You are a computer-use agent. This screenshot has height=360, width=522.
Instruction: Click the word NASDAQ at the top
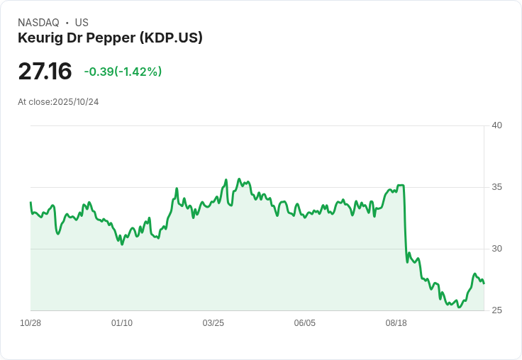point(38,23)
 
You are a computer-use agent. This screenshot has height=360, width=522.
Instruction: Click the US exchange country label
point(82,23)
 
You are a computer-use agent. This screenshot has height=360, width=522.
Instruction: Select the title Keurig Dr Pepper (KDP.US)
point(110,38)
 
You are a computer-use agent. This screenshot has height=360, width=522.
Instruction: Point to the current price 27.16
point(45,72)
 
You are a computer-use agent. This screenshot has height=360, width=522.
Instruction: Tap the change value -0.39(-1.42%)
point(123,72)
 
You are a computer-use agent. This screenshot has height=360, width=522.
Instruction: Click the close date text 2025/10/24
point(75,102)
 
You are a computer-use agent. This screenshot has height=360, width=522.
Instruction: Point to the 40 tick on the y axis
point(496,125)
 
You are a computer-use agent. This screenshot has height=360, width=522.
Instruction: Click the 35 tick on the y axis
point(496,187)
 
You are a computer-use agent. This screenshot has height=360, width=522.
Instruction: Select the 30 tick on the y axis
point(496,249)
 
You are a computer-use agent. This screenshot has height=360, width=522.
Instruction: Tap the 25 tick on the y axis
point(496,310)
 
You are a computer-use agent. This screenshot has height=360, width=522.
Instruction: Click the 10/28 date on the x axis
point(30,323)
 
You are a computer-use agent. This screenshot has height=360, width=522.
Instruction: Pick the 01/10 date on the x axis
point(122,323)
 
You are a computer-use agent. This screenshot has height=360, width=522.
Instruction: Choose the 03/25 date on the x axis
point(213,323)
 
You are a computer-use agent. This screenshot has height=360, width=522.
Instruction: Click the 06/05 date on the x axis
point(304,323)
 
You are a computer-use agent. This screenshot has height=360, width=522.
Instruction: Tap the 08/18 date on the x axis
point(396,323)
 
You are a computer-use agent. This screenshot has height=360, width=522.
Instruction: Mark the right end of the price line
point(484,283)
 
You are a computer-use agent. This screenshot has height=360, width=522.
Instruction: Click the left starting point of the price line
point(30,203)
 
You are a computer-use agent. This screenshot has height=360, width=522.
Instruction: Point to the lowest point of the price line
point(459,308)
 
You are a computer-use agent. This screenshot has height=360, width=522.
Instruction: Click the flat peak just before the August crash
point(401,186)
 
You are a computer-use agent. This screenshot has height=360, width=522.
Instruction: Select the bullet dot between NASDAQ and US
point(67,23)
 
